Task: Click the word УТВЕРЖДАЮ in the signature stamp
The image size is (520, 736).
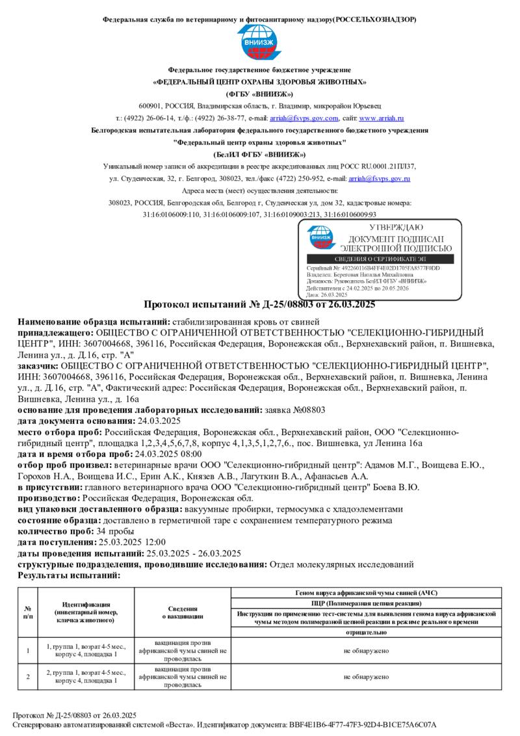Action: tap(396, 228)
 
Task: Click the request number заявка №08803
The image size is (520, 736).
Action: tap(297, 410)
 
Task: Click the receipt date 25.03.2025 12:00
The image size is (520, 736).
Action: tap(132, 542)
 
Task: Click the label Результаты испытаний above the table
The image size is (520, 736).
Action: tap(69, 576)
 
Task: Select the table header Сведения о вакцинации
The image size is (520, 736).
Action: tap(183, 612)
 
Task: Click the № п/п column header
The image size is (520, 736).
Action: tap(28, 612)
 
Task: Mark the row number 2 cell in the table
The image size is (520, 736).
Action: tap(28, 677)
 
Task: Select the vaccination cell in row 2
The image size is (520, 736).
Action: tap(183, 677)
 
